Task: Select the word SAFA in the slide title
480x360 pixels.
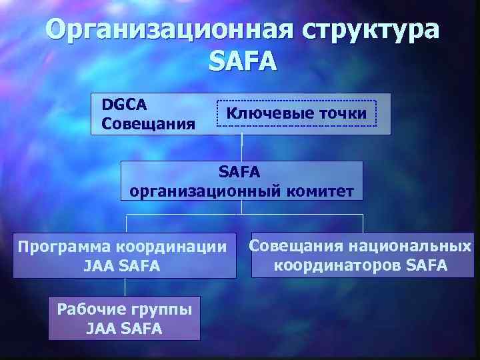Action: tap(241, 61)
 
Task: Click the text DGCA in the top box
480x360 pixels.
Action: tap(125, 105)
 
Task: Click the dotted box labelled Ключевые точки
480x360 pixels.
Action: tap(296, 113)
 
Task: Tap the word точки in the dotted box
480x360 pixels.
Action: tap(342, 113)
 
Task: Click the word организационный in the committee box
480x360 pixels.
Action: tap(206, 191)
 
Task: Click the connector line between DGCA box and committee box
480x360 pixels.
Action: tap(241, 147)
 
